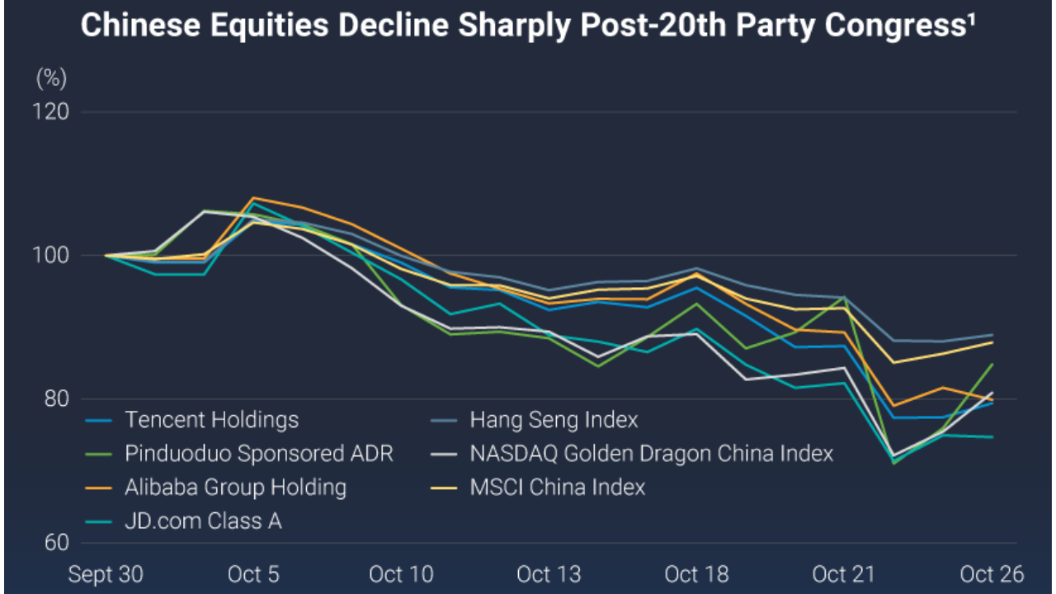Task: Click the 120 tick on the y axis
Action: pos(50,111)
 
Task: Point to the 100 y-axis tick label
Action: pos(50,256)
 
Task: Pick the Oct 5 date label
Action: pos(252,574)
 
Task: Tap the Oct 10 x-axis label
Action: pos(400,574)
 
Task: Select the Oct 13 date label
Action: pos(548,574)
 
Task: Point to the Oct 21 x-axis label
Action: pos(843,574)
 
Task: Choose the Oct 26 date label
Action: pos(991,574)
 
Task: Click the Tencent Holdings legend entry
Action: pos(211,420)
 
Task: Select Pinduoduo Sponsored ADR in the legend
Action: pos(259,454)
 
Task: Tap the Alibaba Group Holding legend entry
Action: pos(235,488)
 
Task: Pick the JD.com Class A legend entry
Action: pos(203,521)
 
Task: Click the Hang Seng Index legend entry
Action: pos(554,420)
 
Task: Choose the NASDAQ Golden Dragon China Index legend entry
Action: pos(651,454)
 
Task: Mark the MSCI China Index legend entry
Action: pos(558,488)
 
